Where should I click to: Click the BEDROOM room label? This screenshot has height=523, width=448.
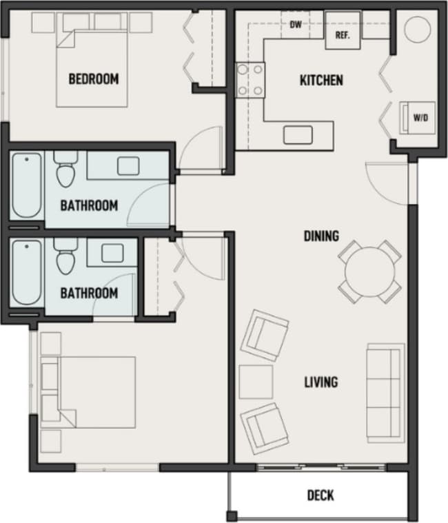click(93, 79)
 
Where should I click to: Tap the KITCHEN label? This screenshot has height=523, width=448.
click(320, 81)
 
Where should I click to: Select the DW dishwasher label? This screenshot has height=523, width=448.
click(296, 26)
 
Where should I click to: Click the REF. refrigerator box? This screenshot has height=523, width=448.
click(343, 32)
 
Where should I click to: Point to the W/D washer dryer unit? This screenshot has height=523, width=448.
click(420, 117)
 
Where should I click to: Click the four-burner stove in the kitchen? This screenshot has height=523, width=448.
click(250, 79)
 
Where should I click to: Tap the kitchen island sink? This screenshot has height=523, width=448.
click(298, 134)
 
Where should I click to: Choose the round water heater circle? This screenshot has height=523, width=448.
click(417, 30)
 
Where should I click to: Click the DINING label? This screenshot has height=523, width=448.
click(321, 236)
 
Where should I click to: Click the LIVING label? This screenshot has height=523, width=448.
click(321, 382)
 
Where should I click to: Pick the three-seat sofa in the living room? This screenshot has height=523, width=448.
click(385, 392)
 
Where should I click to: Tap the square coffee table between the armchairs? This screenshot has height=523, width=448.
click(256, 382)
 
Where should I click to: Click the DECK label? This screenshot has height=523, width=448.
click(320, 495)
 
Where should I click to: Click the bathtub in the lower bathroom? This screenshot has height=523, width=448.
click(26, 272)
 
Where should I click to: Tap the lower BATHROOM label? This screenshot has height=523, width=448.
click(89, 293)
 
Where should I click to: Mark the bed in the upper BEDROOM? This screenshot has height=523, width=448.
click(92, 65)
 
